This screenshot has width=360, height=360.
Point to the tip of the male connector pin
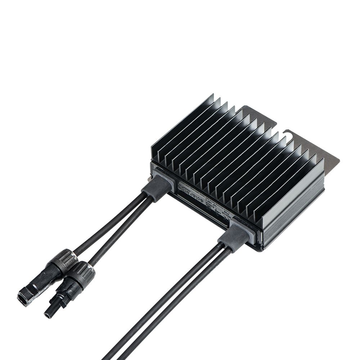pyautogui.click(x=47, y=315)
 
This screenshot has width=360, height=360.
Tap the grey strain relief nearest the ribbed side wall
pyautogui.click(x=234, y=235)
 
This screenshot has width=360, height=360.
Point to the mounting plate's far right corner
pyautogui.click(x=338, y=161)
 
